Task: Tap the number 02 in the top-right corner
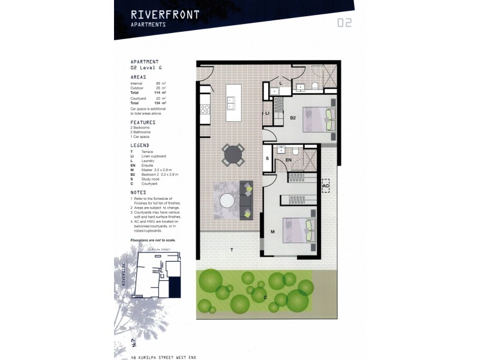(x=344, y=23)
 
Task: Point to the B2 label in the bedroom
(x=293, y=118)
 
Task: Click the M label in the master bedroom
(x=272, y=230)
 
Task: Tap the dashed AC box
(x=326, y=187)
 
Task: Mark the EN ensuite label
(x=288, y=161)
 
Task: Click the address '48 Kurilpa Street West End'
(x=163, y=357)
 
